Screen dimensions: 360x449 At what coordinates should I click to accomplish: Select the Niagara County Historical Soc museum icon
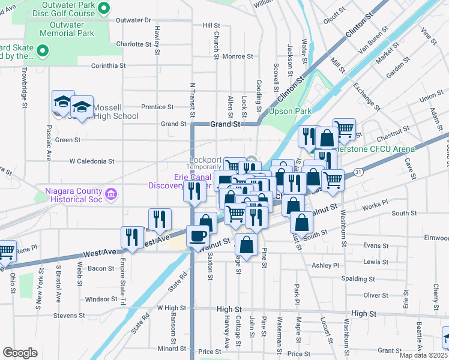pos(110,194)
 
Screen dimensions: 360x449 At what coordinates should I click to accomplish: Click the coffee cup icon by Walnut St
pos(197,236)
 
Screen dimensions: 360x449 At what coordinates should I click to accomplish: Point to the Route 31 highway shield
pos(358,172)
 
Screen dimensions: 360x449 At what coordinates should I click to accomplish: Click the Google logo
pos(20,353)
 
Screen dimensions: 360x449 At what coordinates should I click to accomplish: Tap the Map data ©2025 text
pos(423,355)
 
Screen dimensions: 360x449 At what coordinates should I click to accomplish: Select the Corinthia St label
pos(108,65)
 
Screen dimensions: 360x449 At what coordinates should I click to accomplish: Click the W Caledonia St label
pos(91,161)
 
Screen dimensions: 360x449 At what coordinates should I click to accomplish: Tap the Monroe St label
pos(237,56)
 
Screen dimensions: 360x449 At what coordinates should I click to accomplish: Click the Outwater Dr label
pos(133,20)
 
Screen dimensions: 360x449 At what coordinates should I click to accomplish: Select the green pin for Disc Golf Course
pos(103,8)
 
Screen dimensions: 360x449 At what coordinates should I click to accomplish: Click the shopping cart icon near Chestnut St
pos(344,128)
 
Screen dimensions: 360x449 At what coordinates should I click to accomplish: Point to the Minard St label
pos(172,348)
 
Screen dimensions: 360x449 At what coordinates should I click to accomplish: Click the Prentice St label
pos(157,107)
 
